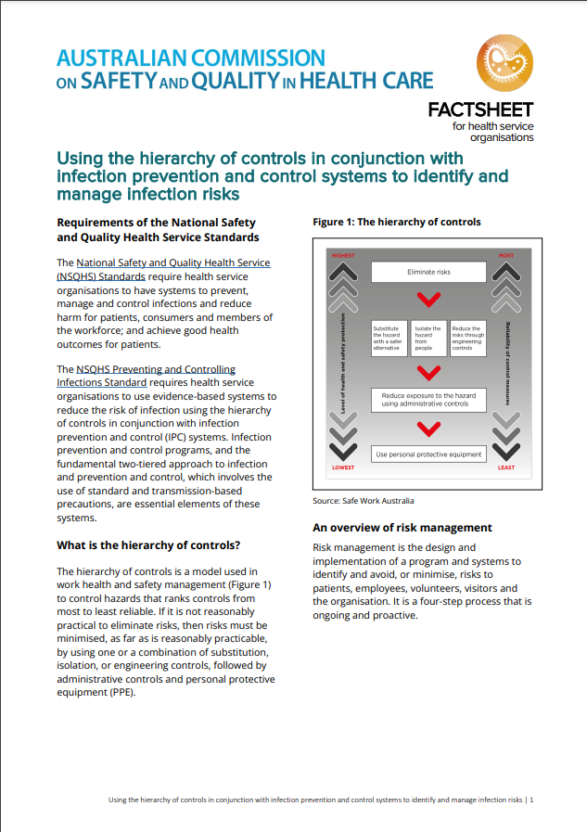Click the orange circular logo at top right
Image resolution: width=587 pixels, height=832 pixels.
coord(505,64)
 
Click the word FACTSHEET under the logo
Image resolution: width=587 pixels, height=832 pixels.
coord(480,110)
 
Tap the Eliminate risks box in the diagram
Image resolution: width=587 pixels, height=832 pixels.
coord(428,272)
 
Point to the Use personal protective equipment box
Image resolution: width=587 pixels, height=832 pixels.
coord(428,454)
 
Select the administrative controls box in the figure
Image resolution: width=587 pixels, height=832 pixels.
coord(428,400)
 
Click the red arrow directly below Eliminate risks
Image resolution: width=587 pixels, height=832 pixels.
coord(428,301)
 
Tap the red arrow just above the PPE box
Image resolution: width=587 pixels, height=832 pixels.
coord(428,429)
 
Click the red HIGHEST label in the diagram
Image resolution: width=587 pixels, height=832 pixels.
coord(343,255)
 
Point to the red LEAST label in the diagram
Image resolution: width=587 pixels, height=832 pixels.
coord(506,467)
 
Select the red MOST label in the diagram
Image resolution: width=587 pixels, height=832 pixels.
coord(506,255)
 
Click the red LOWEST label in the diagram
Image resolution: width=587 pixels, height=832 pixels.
coord(343,467)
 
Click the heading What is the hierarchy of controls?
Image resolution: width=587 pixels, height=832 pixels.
coord(148,544)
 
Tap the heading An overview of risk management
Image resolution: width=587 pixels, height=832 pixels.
coord(402,528)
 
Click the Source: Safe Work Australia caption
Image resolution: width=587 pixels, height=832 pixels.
coord(364,501)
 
